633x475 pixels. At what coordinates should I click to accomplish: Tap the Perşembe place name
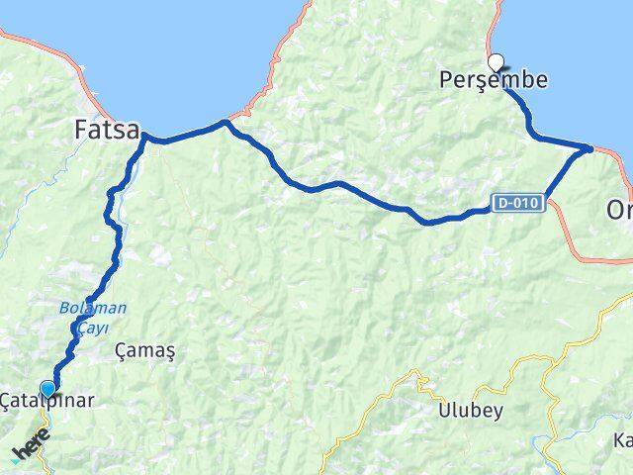point(493,82)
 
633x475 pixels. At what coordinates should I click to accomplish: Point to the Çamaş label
point(144,350)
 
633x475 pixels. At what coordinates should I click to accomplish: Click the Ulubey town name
point(471,410)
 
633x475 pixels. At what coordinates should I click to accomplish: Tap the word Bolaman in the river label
point(90,308)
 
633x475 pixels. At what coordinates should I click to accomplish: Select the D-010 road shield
point(519,203)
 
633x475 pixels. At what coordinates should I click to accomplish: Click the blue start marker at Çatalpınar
point(47,388)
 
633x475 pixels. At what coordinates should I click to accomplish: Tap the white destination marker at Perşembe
point(496,60)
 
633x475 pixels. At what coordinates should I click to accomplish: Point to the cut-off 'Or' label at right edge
point(618,212)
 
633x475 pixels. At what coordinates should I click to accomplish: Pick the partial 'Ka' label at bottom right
point(623,440)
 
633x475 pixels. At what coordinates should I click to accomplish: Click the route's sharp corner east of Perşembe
point(590,148)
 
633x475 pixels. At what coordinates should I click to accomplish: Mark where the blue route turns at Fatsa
point(148,137)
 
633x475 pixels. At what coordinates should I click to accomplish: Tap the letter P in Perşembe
point(447,82)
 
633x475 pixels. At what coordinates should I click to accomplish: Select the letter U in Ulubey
point(445,410)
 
